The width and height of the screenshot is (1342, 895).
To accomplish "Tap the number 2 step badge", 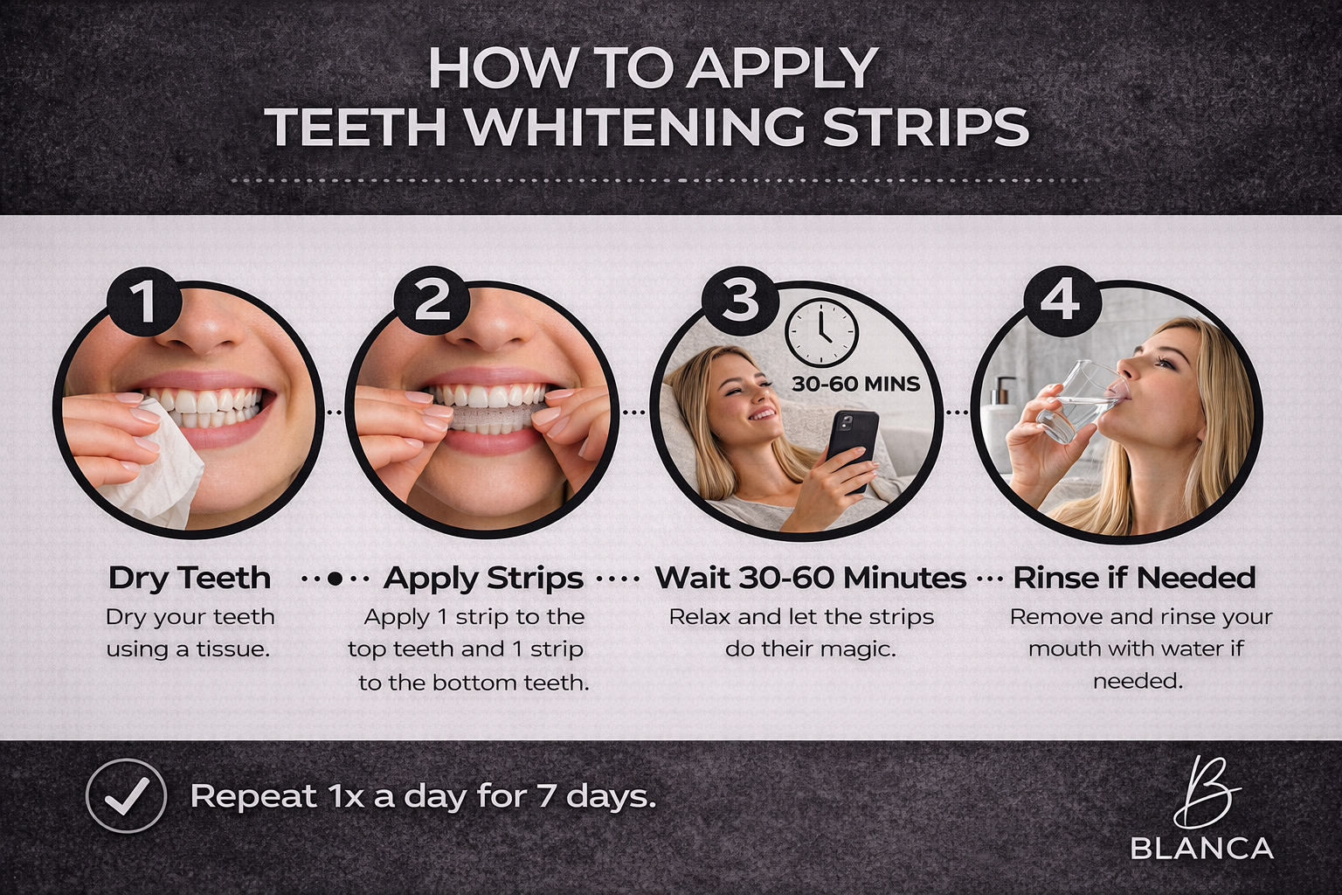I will pyautogui.click(x=432, y=302).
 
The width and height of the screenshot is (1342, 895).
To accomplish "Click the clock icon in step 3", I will pyautogui.click(x=822, y=333).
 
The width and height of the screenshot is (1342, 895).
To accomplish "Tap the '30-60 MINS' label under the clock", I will pyautogui.click(x=855, y=383).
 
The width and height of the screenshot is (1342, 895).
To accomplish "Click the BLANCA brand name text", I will pyautogui.click(x=1201, y=848).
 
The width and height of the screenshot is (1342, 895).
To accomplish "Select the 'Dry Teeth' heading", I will pyautogui.click(x=190, y=578).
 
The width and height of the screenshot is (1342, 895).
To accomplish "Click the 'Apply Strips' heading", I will pyautogui.click(x=483, y=578).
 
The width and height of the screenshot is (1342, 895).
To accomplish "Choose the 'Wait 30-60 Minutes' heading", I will pyautogui.click(x=810, y=578).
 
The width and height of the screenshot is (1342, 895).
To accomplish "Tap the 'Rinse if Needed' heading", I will pyautogui.click(x=1134, y=578).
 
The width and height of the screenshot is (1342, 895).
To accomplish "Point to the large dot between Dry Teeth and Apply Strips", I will pyautogui.click(x=335, y=579).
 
